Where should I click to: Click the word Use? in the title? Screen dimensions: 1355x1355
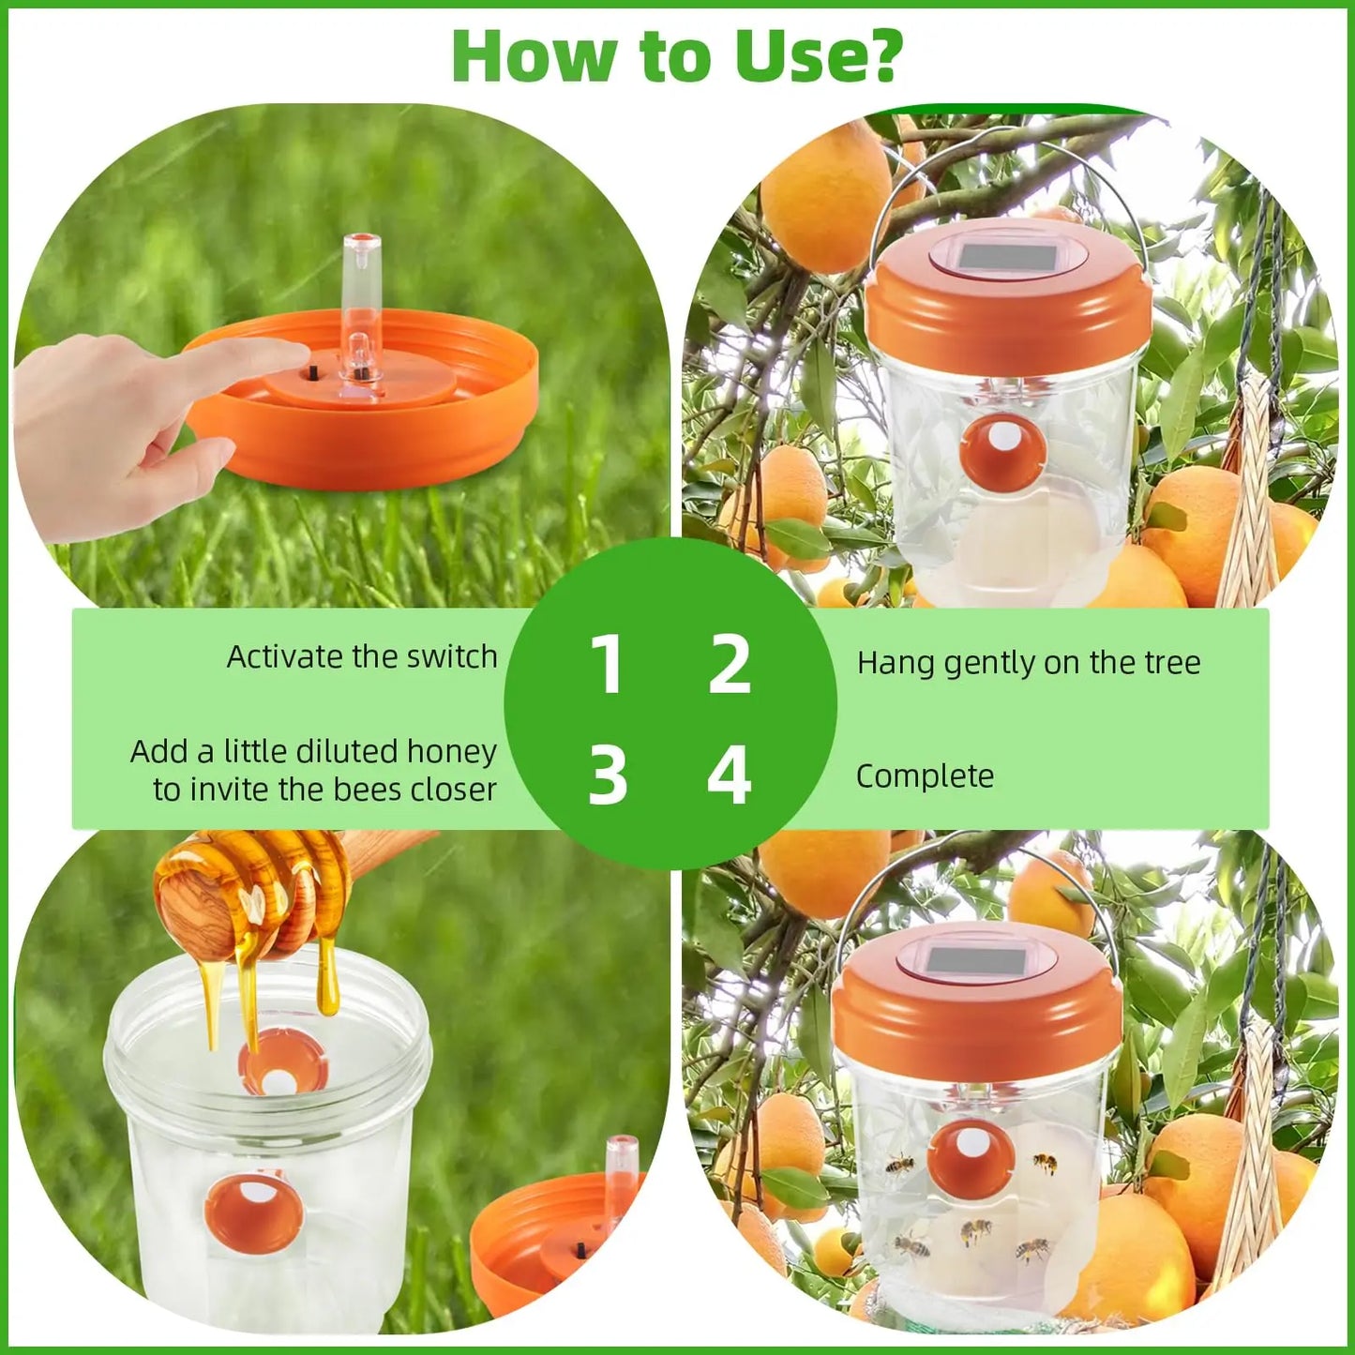pyautogui.click(x=817, y=56)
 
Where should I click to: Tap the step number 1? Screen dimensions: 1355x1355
pyautogui.click(x=608, y=664)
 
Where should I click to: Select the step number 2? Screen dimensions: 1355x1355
pyautogui.click(x=730, y=664)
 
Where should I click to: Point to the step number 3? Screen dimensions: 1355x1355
pyautogui.click(x=608, y=775)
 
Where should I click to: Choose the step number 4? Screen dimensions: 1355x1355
pyautogui.click(x=730, y=775)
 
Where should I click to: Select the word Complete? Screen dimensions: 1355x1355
pyautogui.click(x=925, y=776)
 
